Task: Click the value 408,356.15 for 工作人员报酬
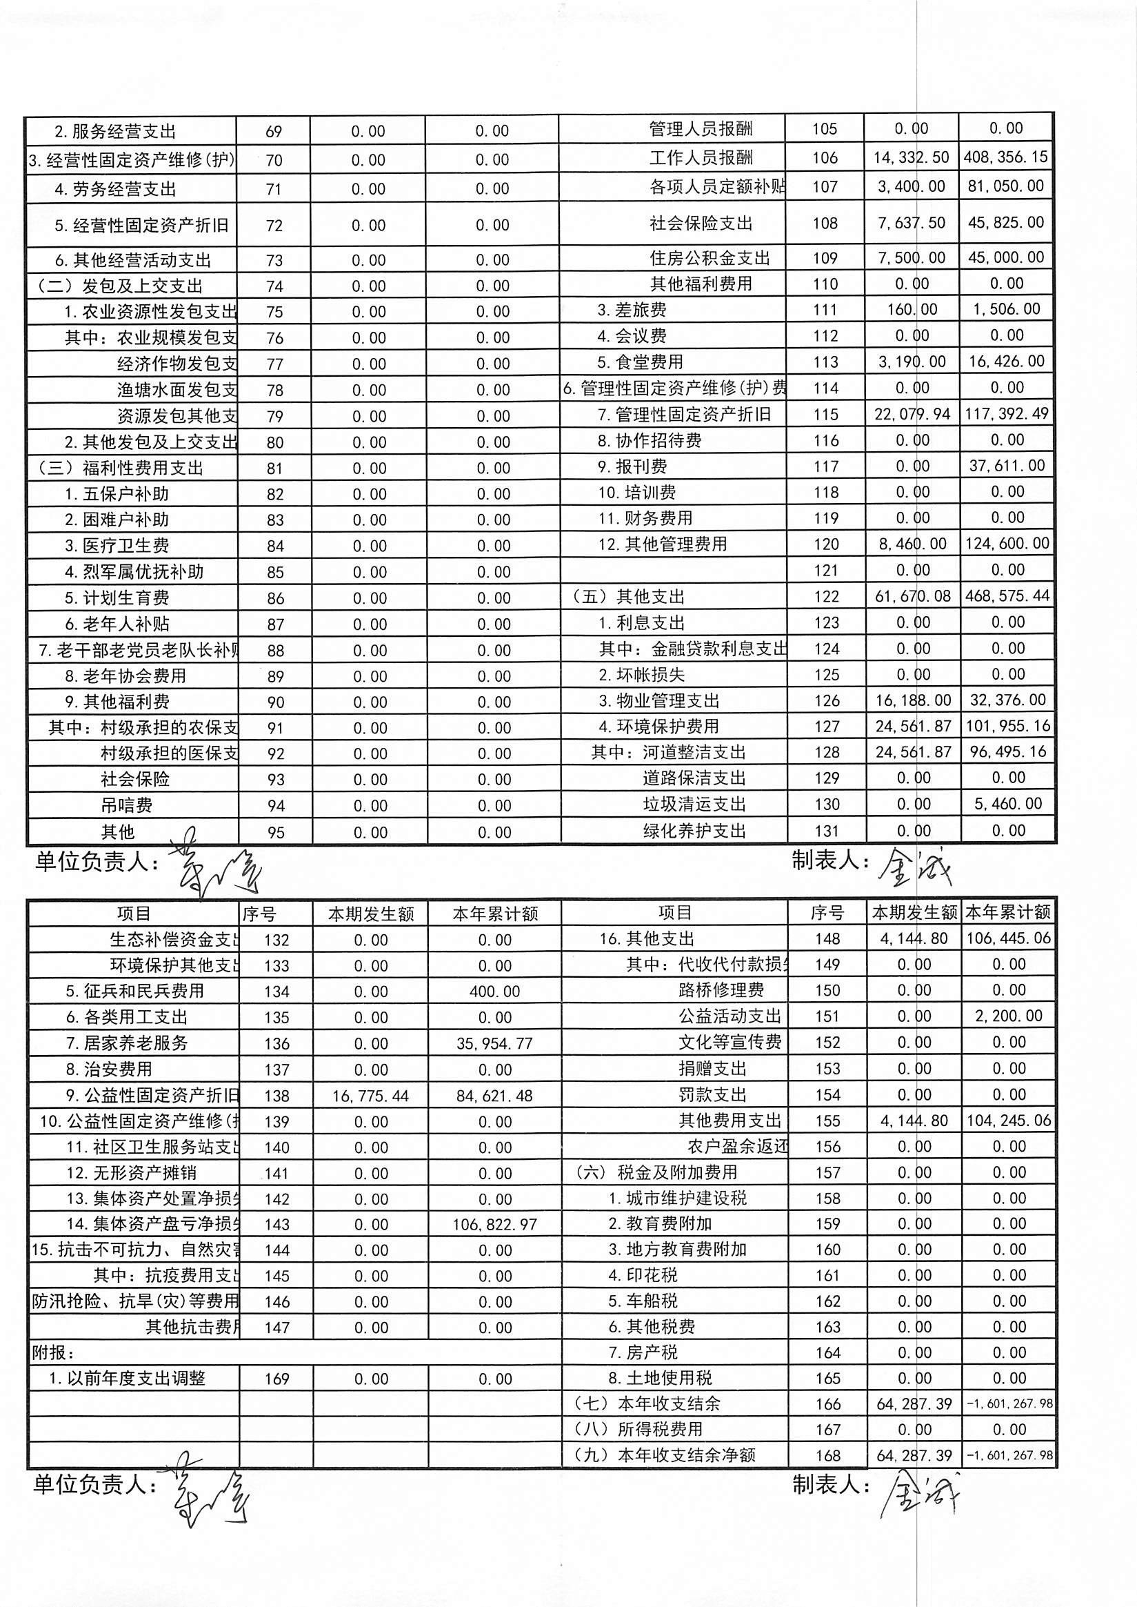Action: click(x=1005, y=157)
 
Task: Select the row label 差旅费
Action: click(x=632, y=310)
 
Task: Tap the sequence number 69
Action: click(x=274, y=132)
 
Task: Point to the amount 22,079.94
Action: click(x=912, y=414)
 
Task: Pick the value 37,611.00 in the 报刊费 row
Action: click(x=1006, y=466)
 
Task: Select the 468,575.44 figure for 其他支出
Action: click(x=1006, y=596)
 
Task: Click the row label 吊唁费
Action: click(x=127, y=806)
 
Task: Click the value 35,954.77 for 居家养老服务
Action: click(x=494, y=1044)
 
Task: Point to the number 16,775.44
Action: click(x=370, y=1096)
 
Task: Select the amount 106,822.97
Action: click(x=494, y=1225)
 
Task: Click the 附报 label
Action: click(x=53, y=1352)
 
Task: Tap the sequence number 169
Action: click(x=277, y=1379)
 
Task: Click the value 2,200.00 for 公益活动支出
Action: click(x=1008, y=1016)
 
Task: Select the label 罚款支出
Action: click(x=713, y=1095)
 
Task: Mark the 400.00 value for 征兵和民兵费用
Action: click(x=494, y=992)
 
